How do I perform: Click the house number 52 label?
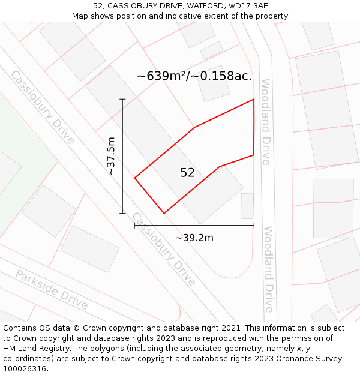[x=187, y=173]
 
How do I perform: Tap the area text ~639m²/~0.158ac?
[x=194, y=76]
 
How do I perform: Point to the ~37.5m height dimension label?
[x=110, y=156]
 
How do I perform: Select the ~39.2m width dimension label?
[x=194, y=238]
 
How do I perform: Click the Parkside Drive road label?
[x=52, y=290]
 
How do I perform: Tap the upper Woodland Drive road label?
[x=266, y=121]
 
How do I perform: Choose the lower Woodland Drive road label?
[x=268, y=269]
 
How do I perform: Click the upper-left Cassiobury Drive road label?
[x=43, y=107]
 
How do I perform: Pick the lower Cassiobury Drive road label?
[x=163, y=248]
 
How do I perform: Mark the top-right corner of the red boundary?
[x=254, y=99]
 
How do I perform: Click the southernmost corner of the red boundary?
[x=164, y=213]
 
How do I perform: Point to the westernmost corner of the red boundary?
[x=134, y=178]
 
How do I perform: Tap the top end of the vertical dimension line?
[x=122, y=99]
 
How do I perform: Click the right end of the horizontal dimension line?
[x=254, y=226]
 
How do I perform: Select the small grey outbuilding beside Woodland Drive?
[x=247, y=206]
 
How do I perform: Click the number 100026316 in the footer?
[x=23, y=368]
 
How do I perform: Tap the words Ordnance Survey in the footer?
[x=311, y=359]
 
